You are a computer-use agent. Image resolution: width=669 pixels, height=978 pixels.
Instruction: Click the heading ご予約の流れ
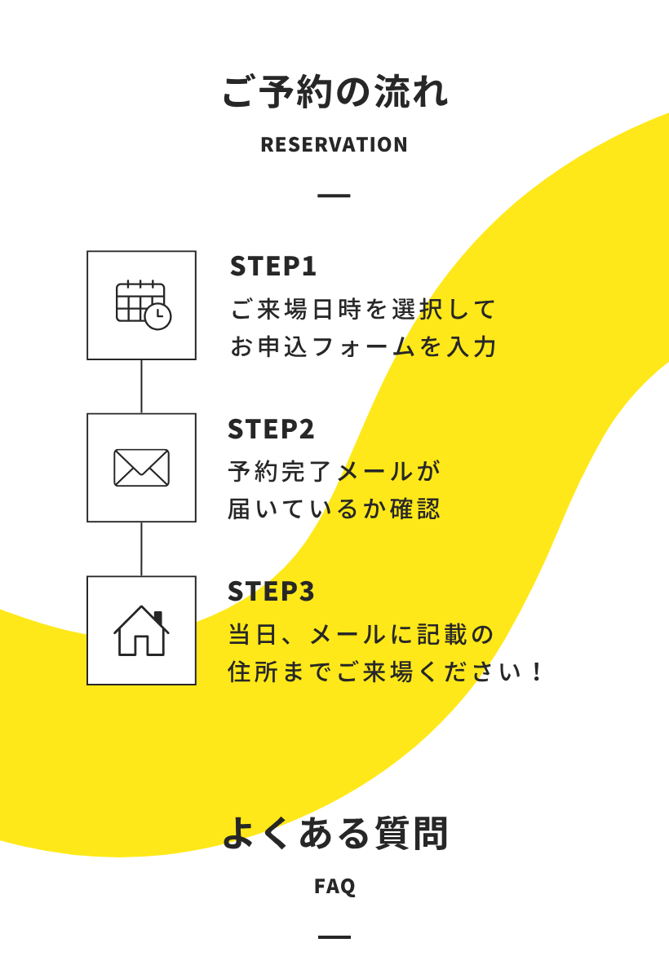[x=334, y=91]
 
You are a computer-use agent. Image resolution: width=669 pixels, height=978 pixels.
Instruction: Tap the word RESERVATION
[x=334, y=144]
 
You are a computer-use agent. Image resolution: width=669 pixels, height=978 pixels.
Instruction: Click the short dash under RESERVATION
[x=334, y=196]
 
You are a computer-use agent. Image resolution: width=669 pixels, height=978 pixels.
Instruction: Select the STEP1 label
[x=272, y=266]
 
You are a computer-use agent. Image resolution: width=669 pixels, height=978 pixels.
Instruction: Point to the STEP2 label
[x=271, y=429]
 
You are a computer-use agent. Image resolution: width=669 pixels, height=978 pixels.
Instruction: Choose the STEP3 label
[x=271, y=591]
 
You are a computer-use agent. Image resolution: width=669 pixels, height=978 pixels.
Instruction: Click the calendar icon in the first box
[x=144, y=305]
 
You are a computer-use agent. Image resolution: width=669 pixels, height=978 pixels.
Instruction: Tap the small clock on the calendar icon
[x=157, y=316]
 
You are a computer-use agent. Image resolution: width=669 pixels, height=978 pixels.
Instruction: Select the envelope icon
[x=142, y=468]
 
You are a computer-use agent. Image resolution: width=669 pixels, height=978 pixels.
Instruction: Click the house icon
[x=141, y=631]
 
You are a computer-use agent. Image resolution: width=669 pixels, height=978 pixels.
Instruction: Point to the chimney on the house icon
[x=158, y=618]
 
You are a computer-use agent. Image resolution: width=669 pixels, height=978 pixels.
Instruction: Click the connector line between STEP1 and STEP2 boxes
[x=141, y=386]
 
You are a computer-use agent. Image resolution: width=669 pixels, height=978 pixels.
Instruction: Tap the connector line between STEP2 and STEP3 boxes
[x=141, y=548]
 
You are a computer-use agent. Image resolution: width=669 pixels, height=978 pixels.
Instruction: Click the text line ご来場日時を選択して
[x=363, y=309]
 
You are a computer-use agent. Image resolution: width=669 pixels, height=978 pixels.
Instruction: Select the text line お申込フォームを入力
[x=363, y=346]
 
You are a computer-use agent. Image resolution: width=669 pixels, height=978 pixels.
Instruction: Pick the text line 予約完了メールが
[x=334, y=471]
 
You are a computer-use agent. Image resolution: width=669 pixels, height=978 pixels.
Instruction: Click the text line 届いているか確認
[x=334, y=509]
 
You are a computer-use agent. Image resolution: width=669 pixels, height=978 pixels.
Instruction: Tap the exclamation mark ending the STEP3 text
[x=537, y=672]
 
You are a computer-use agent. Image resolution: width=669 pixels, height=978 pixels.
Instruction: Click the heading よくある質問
[x=335, y=833]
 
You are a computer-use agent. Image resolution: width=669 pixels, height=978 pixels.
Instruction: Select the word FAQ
[x=334, y=887]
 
